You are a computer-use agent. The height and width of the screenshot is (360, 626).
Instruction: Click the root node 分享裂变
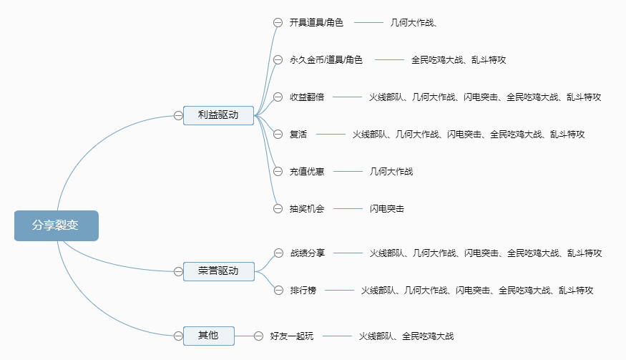(56, 225)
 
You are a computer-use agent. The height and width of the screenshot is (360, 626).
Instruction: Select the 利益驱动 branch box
(218, 115)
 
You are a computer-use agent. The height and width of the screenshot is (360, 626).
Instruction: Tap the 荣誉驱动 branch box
(218, 271)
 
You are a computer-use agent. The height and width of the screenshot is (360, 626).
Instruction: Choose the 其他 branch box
(209, 335)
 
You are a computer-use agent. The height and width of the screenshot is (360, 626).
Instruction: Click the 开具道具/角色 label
(316, 23)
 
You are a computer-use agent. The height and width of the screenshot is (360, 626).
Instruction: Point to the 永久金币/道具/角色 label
(326, 60)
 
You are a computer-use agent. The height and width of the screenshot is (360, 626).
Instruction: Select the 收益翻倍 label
(307, 97)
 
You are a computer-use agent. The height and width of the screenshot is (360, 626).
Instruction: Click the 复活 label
(298, 134)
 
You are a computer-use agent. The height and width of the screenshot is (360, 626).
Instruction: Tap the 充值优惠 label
(307, 171)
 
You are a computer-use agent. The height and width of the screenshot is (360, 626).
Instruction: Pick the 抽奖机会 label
(307, 209)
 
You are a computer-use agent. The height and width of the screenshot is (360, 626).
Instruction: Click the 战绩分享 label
(308, 253)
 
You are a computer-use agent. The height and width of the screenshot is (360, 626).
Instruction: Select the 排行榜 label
(303, 290)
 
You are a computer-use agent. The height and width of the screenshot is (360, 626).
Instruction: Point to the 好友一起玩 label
(292, 336)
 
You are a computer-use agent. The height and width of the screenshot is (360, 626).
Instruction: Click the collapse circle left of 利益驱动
(178, 115)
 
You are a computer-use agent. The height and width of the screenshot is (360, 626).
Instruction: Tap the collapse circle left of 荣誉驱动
(178, 271)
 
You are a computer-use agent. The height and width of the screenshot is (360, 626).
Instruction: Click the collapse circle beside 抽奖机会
(278, 209)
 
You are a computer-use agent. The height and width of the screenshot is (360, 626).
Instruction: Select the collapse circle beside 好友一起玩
(258, 336)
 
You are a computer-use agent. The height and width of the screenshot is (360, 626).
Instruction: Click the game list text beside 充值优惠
(391, 171)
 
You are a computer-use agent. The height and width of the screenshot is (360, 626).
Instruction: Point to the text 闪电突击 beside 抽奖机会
(387, 209)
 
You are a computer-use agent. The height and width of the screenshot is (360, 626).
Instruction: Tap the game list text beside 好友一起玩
(406, 336)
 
